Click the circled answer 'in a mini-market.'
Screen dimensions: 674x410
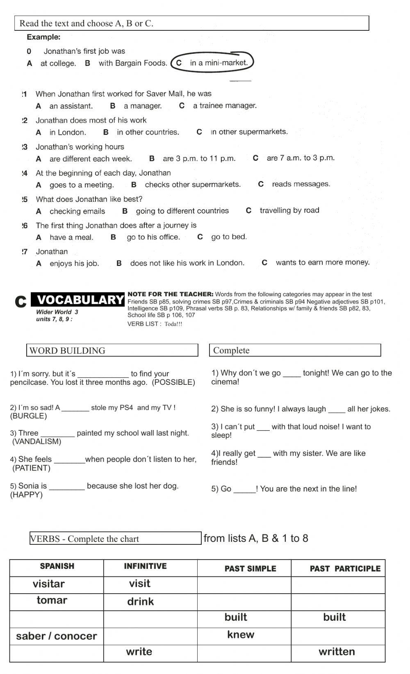click(x=219, y=63)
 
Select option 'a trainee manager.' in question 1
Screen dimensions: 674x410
click(x=225, y=106)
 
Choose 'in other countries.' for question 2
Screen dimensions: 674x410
click(x=148, y=132)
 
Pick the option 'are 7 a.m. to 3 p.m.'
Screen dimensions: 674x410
click(x=301, y=158)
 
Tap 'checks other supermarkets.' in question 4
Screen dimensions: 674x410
click(x=193, y=185)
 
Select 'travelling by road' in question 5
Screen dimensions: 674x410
click(x=289, y=210)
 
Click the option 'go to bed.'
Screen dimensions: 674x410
click(x=229, y=237)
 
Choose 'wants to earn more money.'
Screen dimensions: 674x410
click(x=322, y=263)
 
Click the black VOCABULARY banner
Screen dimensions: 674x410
click(x=80, y=300)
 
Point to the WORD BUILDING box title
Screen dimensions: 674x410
click(x=68, y=350)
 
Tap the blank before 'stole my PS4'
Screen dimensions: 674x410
click(x=75, y=409)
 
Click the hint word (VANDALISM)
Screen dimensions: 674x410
click(x=37, y=442)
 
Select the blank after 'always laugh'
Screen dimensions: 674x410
click(x=337, y=410)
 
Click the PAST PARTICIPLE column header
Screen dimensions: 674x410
click(x=345, y=569)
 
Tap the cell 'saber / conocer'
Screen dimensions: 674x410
click(x=57, y=636)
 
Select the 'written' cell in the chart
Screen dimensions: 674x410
click(x=337, y=652)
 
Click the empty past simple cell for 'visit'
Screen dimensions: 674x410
click(x=244, y=585)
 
